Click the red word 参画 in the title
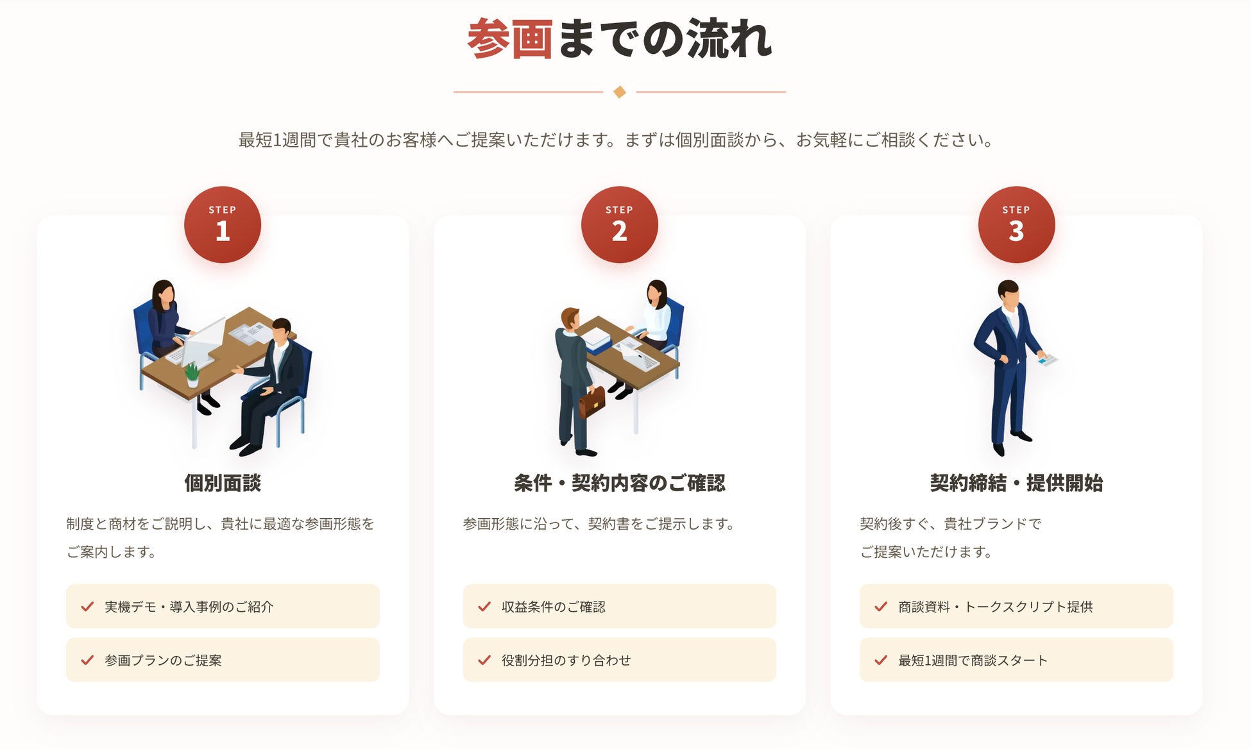click(x=509, y=39)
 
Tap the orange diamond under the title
click(x=620, y=92)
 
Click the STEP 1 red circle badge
click(x=223, y=224)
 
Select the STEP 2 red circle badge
click(x=620, y=224)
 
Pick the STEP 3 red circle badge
click(x=1016, y=224)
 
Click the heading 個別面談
click(x=223, y=483)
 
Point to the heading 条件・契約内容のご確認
click(x=620, y=483)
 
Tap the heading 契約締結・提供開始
click(x=1016, y=483)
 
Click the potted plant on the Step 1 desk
click(x=192, y=374)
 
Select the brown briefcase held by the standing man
click(x=592, y=402)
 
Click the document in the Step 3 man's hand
click(x=1048, y=359)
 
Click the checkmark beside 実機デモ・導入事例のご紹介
click(x=87, y=607)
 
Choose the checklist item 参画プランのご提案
click(x=223, y=660)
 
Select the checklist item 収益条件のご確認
click(x=620, y=607)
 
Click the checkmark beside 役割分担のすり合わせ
click(x=484, y=660)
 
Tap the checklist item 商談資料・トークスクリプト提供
click(x=1016, y=607)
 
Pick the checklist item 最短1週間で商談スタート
click(x=1016, y=660)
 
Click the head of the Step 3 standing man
click(x=1008, y=294)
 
